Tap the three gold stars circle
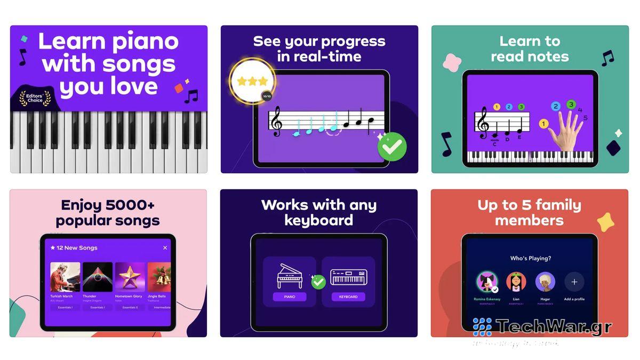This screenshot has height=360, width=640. [252, 82]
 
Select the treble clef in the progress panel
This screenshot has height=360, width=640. [276, 121]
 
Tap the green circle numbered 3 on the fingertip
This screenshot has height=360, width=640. [571, 105]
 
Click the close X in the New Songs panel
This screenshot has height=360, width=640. [165, 247]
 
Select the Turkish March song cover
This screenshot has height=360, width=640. [65, 277]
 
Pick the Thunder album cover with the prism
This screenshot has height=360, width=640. [98, 277]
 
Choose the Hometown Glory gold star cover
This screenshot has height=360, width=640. [130, 277]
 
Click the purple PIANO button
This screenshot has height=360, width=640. [289, 297]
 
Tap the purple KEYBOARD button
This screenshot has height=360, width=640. [348, 297]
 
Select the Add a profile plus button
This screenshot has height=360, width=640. [574, 282]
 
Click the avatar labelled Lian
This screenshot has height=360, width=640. [516, 282]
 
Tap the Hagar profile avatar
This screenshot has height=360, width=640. [545, 282]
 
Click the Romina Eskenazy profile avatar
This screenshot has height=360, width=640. [486, 283]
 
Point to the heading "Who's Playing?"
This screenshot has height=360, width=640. [531, 258]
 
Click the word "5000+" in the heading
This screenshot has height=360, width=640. [131, 205]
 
